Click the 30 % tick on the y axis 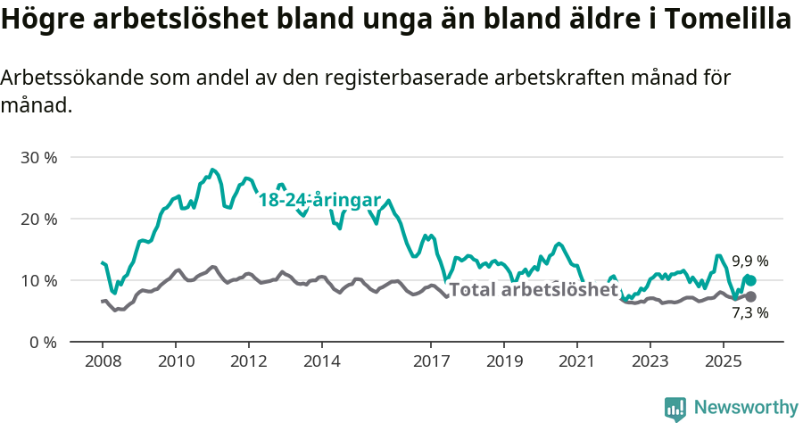click(37, 157)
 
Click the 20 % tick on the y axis click(37, 219)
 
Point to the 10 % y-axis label click(37, 280)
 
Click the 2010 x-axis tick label click(175, 361)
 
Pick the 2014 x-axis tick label click(321, 361)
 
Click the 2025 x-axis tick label click(723, 361)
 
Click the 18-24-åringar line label click(319, 200)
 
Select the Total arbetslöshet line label click(533, 289)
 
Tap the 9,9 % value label click(750, 261)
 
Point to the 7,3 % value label click(750, 313)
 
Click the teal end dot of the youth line click(750, 281)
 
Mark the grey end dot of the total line click(750, 296)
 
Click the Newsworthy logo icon click(675, 408)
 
